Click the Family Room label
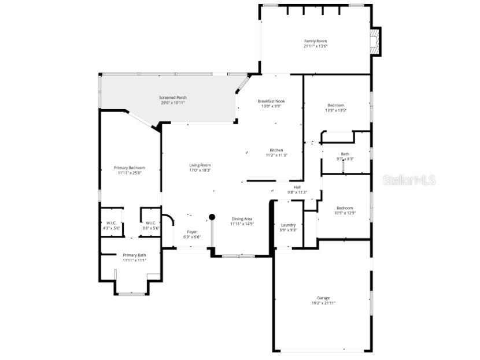pos(316,41)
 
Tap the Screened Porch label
pos(173,98)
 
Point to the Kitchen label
pos(276,150)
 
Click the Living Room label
pos(200,165)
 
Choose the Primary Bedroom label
pos(130,168)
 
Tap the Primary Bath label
pos(134,255)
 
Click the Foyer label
pos(192,216)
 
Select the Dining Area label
pos(242,218)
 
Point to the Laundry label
pos(288,225)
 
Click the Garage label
pos(323,298)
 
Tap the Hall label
pos(297,187)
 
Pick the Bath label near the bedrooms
pos(345,154)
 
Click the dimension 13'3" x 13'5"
pos(335,110)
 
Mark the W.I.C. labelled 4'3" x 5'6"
pos(112,223)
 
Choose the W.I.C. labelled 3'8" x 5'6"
pos(150,223)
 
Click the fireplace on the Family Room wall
pos(376,42)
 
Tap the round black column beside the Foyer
pos(212,217)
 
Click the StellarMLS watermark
pos(409,180)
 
